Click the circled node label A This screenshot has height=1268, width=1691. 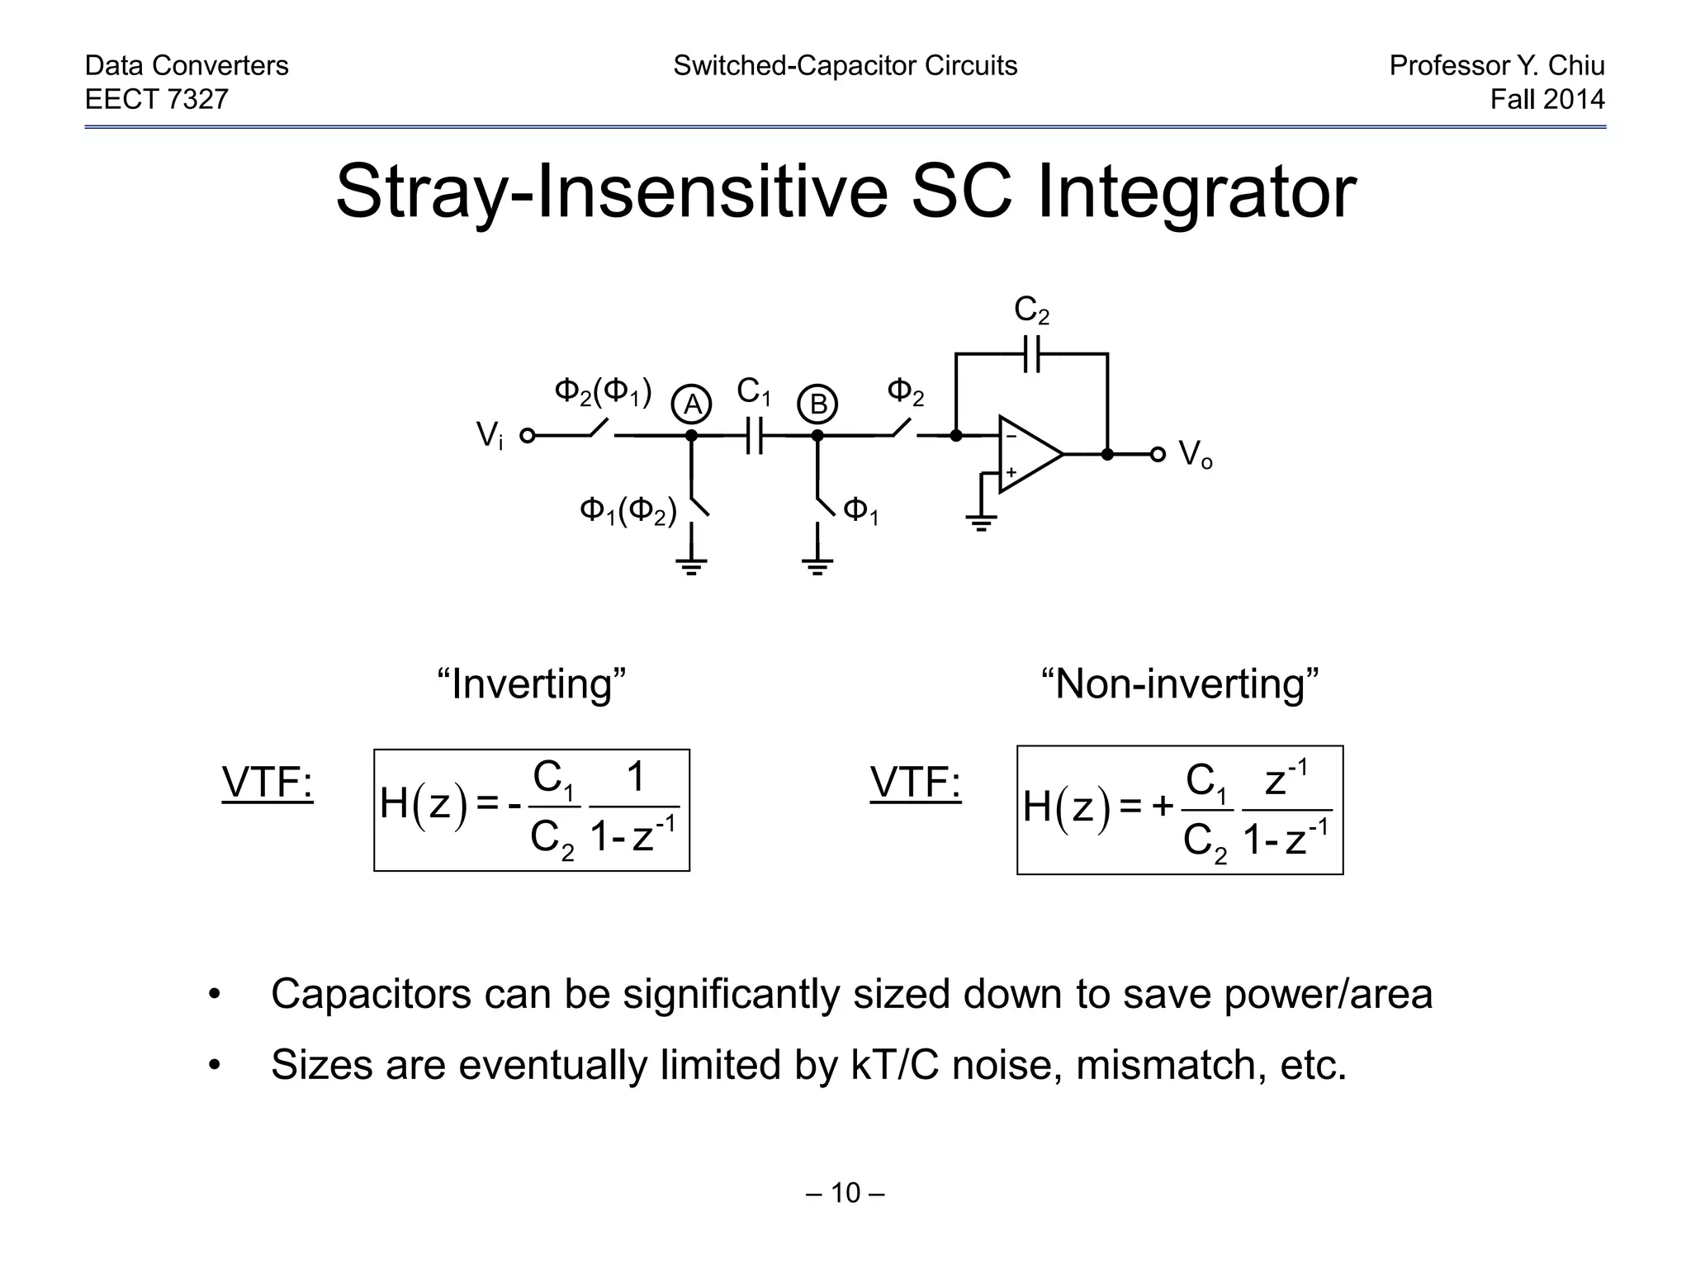tap(692, 405)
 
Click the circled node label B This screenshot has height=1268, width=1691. tap(817, 405)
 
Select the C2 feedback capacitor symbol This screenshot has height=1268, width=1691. tap(1031, 353)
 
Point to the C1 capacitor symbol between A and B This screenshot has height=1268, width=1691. tap(753, 435)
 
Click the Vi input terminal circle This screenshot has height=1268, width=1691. tap(527, 435)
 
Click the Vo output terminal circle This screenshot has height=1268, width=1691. tap(1158, 454)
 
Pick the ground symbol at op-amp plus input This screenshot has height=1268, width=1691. tap(981, 522)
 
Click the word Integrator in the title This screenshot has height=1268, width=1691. tap(1196, 192)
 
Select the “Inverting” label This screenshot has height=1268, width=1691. tap(531, 684)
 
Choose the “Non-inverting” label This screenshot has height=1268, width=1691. tap(1179, 684)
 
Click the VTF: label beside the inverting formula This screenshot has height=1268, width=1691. tap(268, 783)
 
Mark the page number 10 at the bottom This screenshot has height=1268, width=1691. tap(845, 1192)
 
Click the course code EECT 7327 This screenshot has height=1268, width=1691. tap(157, 99)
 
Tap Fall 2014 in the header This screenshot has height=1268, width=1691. tap(1547, 99)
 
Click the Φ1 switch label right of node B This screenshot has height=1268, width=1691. tap(860, 512)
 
